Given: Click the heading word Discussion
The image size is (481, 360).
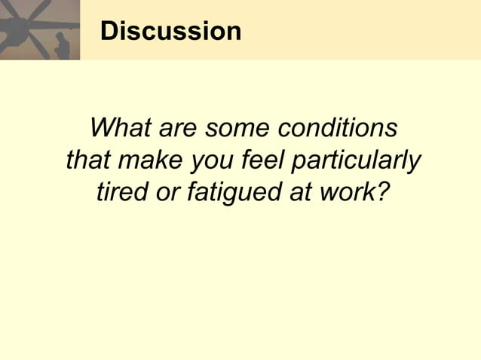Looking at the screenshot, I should [x=170, y=31].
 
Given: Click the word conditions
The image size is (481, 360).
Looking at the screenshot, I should [x=337, y=128].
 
